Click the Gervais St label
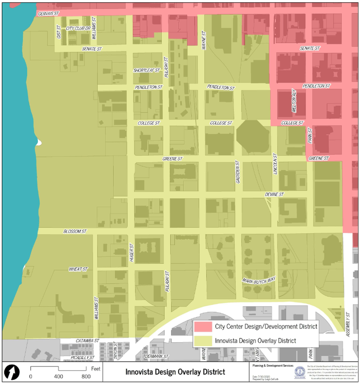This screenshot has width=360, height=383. click(x=48, y=14)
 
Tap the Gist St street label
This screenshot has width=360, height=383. click(x=59, y=32)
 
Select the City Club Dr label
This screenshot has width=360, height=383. click(x=78, y=28)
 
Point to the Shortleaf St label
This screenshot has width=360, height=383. click(x=147, y=70)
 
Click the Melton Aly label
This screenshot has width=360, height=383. click(x=294, y=100)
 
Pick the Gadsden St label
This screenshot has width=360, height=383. click(x=238, y=172)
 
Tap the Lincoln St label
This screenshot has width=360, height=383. click(x=275, y=164)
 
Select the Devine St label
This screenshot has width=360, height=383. click(x=274, y=194)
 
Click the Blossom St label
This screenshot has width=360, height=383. click(x=75, y=231)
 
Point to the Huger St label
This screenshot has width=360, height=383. click(x=132, y=252)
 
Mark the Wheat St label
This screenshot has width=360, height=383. click(x=78, y=269)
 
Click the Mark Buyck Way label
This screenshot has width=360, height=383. click(x=259, y=280)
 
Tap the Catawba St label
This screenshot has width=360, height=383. click(x=87, y=341)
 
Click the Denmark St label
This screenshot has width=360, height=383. click(x=156, y=356)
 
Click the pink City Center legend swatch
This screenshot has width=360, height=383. click(x=203, y=327)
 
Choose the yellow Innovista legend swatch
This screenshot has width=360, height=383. click(x=203, y=341)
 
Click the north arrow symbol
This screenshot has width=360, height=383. click(x=12, y=372)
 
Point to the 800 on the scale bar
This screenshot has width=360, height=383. click(x=86, y=376)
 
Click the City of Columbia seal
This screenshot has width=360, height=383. click(x=300, y=372)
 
